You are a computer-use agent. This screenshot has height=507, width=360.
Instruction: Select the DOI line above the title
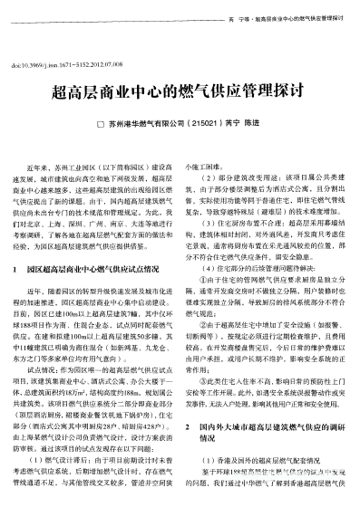pyautogui.click(x=67, y=65)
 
